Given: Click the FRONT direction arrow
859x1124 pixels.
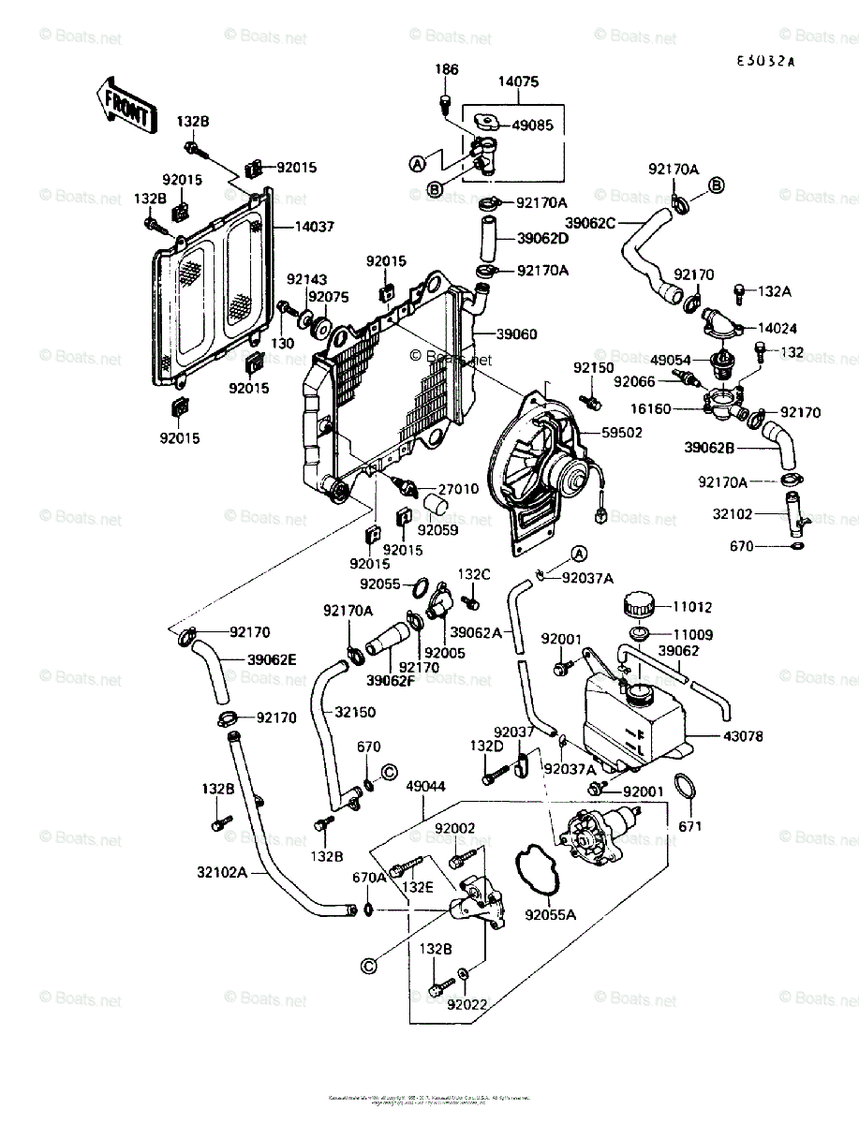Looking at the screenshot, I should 122,105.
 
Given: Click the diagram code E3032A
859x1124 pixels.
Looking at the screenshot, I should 764,62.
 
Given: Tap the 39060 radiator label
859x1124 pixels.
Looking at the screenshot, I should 516,333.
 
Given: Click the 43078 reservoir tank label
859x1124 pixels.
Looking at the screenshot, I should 743,736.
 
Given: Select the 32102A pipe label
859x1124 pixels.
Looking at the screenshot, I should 221,872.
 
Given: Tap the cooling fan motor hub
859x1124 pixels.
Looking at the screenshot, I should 568,473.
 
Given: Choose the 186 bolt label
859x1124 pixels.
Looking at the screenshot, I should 447,70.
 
